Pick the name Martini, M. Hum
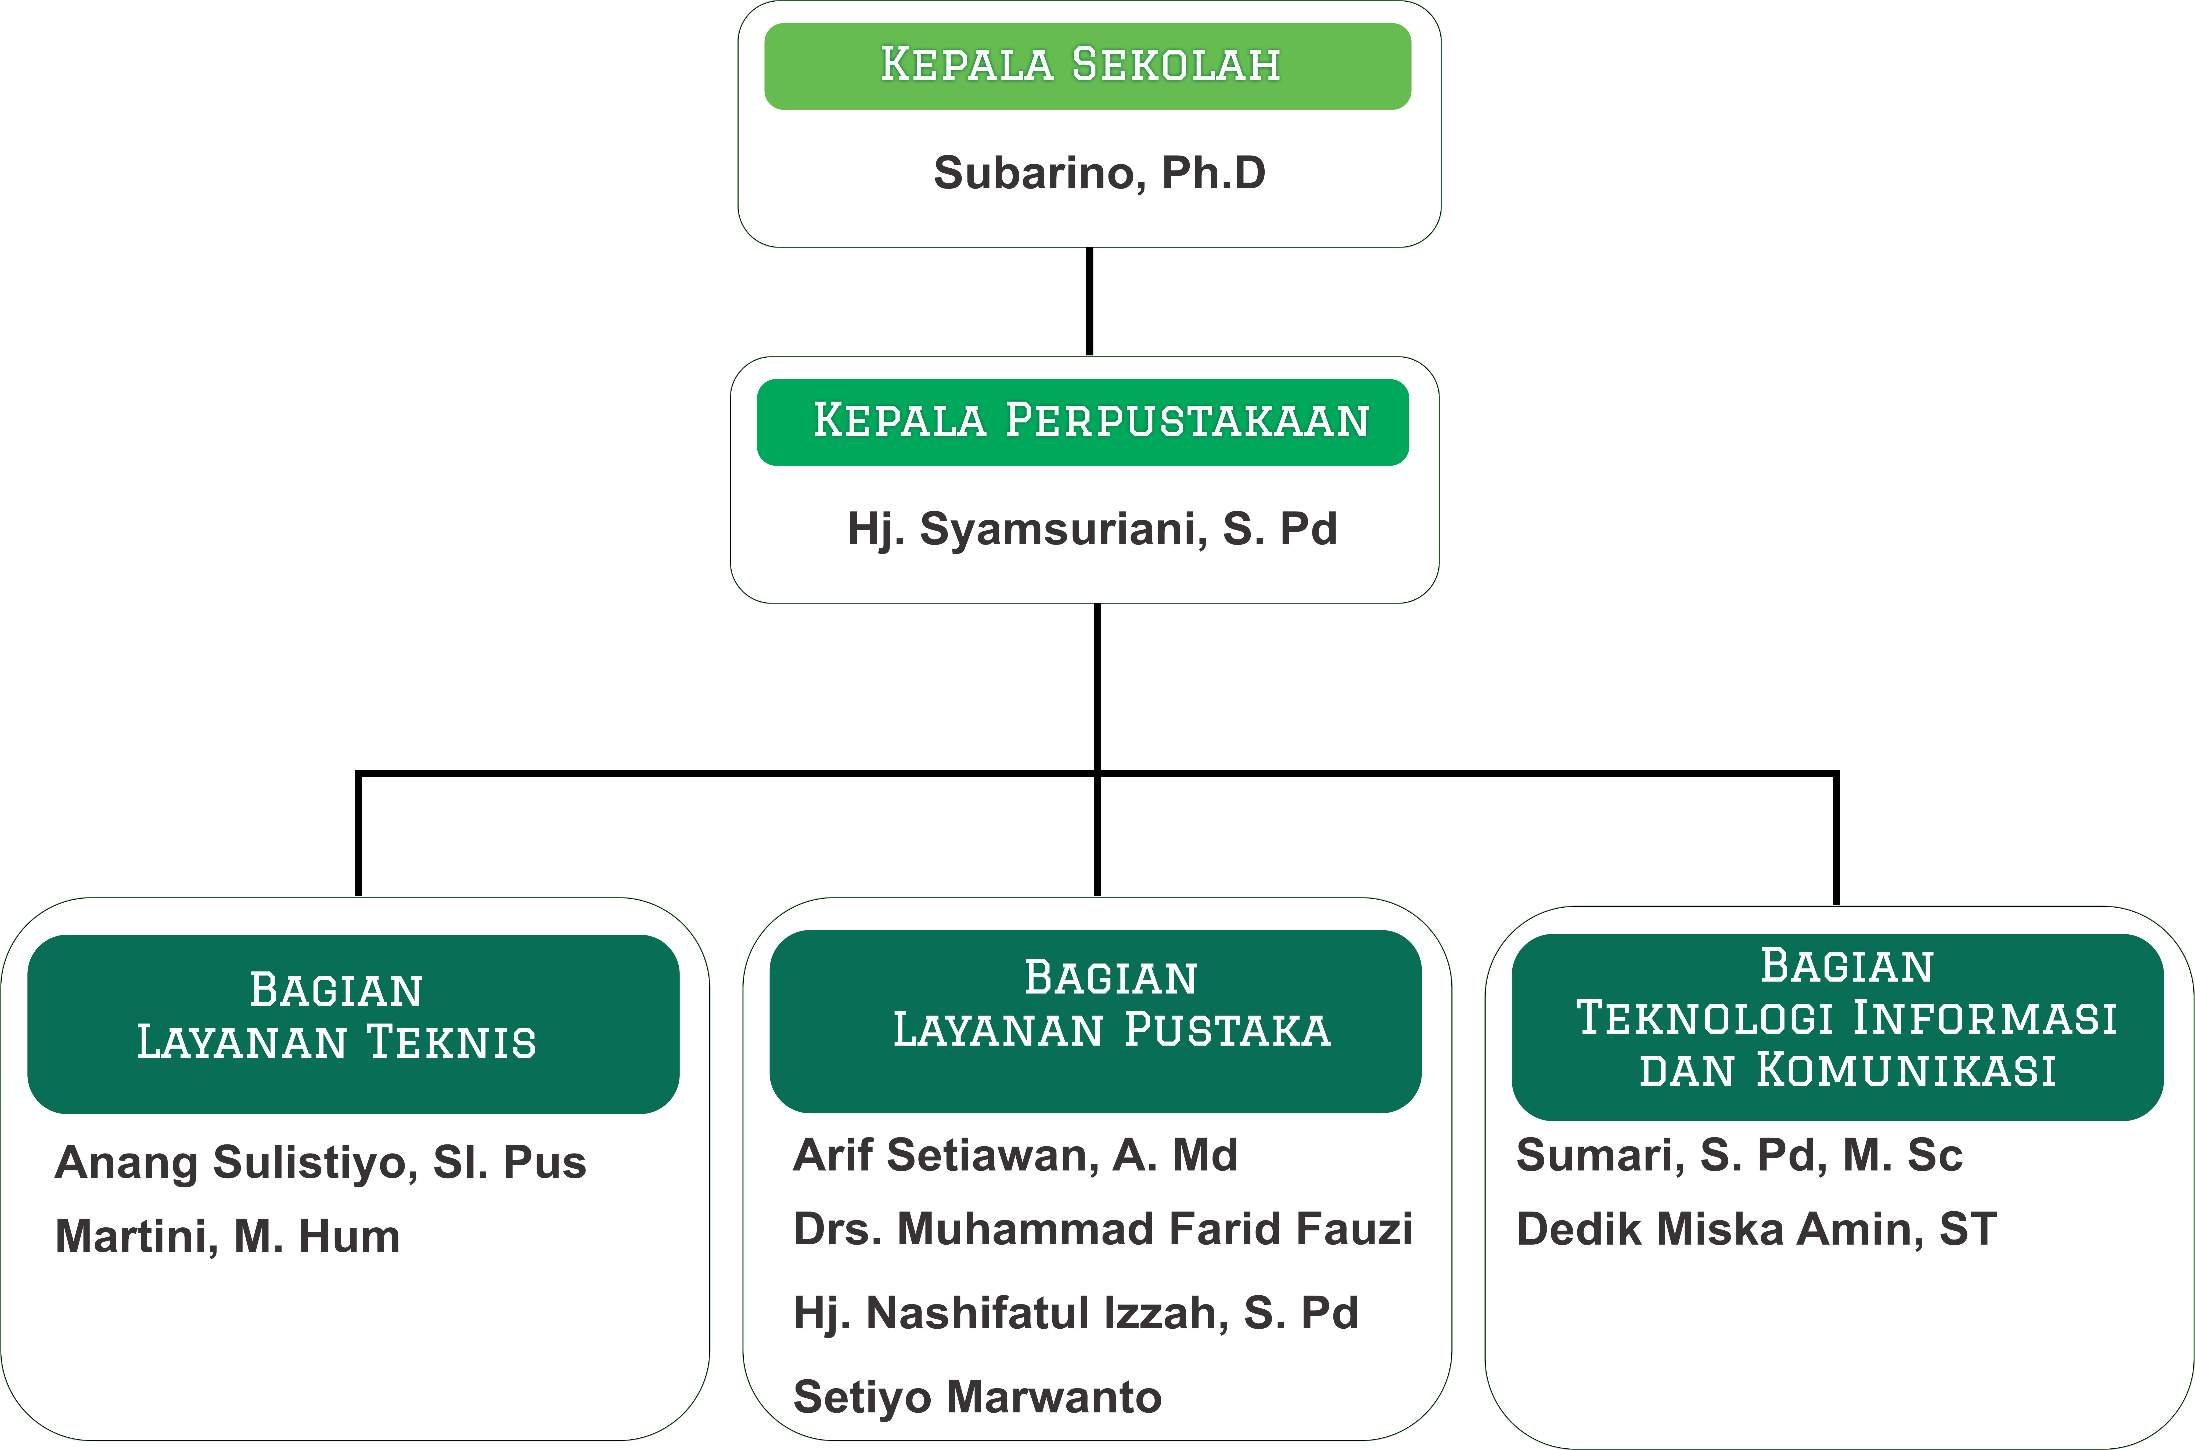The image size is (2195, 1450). tap(228, 1236)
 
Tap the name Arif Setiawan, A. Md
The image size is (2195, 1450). tap(1015, 1155)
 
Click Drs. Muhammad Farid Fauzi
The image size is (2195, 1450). tap(1103, 1229)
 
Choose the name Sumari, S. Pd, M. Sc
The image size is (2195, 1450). tap(1739, 1155)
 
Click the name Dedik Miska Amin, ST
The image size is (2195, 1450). tap(1757, 1229)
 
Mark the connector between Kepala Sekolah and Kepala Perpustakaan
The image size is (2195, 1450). tap(1090, 302)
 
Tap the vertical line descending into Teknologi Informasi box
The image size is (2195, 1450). tap(1836, 838)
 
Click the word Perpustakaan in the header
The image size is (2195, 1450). tap(1187, 421)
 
